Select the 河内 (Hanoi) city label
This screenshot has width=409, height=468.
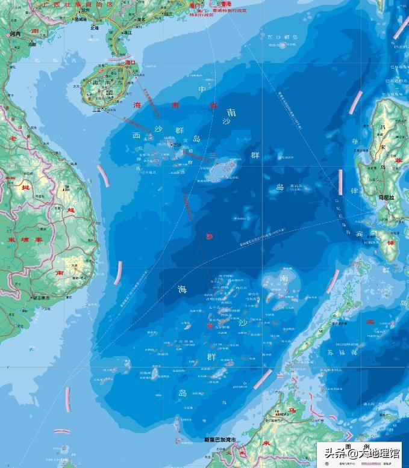pyautogui.click(x=16, y=34)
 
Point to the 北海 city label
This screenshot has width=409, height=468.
pyautogui.click(x=94, y=27)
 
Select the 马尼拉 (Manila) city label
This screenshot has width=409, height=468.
pyautogui.click(x=386, y=197)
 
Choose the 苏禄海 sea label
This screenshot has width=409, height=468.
pyautogui.click(x=342, y=353)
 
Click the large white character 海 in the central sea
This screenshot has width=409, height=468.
pyautogui.click(x=182, y=289)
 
